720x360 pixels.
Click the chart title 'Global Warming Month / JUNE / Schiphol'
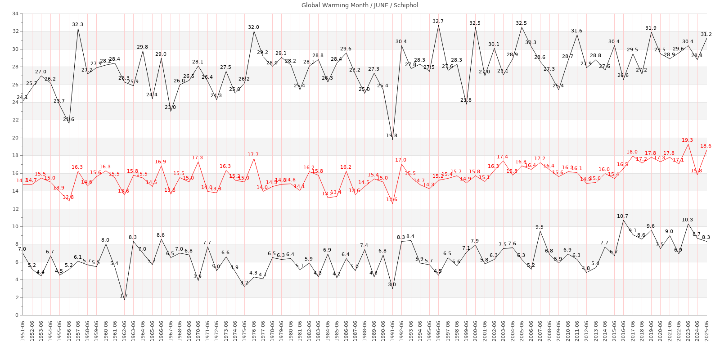coord(360,5)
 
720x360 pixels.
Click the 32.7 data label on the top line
coord(438,21)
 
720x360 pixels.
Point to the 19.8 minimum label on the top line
coord(391,135)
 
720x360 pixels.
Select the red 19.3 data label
coord(687,140)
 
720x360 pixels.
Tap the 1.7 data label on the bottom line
coord(124,296)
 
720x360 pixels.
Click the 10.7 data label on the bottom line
coord(623,216)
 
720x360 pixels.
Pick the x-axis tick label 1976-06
coord(254,331)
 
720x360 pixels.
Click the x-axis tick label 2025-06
coord(706,331)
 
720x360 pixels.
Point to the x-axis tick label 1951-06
coord(22,331)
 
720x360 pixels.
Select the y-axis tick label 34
coord(15,13)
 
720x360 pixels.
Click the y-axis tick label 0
coord(17,315)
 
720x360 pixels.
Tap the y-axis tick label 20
coord(15,138)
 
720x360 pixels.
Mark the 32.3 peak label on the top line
coord(77,24)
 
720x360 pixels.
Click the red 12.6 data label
coord(391,199)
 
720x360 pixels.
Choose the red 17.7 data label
coord(253,154)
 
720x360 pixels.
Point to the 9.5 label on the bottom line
coord(539,227)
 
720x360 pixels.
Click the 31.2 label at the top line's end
coord(706,34)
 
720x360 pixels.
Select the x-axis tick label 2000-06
coord(476,331)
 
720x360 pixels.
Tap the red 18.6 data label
coord(706,146)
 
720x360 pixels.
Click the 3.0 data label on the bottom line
coord(392,284)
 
